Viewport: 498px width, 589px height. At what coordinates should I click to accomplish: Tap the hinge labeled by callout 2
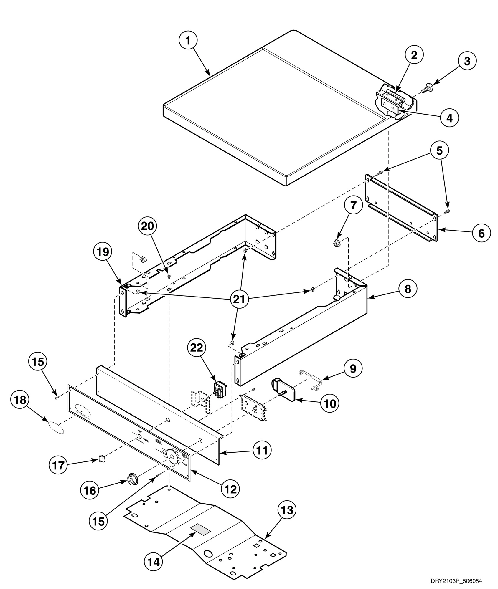coord(395,96)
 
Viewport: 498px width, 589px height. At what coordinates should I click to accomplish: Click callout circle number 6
coord(481,233)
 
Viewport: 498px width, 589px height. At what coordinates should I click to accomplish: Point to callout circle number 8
coord(408,289)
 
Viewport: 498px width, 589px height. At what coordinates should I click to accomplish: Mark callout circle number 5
coord(439,150)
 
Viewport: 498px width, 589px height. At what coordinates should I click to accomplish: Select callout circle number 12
coord(230,489)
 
